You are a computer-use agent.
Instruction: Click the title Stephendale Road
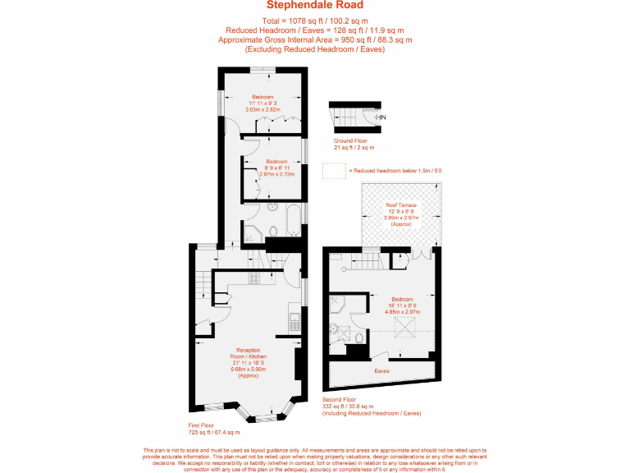[x=315, y=7]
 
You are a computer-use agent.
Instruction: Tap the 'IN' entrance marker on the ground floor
[x=382, y=117]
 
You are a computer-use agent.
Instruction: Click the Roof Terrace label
[x=401, y=204]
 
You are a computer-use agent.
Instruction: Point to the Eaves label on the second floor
[x=381, y=371]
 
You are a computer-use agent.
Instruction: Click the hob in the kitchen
[x=254, y=278]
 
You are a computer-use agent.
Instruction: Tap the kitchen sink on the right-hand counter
[x=294, y=319]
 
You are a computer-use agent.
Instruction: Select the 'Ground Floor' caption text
[x=349, y=140]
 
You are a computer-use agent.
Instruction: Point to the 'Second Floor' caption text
[x=341, y=399]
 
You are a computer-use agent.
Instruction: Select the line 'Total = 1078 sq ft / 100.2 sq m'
[x=315, y=20]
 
